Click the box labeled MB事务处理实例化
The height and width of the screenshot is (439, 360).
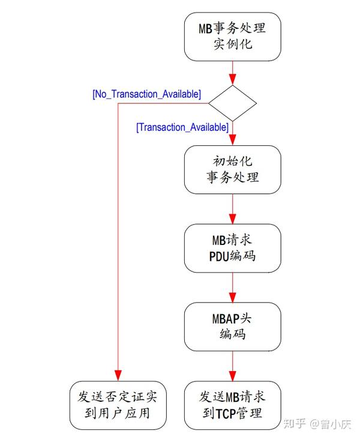pyautogui.click(x=232, y=36)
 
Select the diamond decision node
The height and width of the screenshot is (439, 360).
pyautogui.click(x=232, y=103)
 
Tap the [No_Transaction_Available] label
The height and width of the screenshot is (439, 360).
pyautogui.click(x=146, y=95)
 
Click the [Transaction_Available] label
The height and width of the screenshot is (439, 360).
pyautogui.click(x=182, y=127)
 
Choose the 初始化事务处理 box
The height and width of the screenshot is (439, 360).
pyautogui.click(x=232, y=169)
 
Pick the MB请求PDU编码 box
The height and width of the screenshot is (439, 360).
pyautogui.click(x=232, y=248)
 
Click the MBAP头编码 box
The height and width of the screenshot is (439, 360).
pyautogui.click(x=232, y=327)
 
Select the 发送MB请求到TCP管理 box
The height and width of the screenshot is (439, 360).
pyautogui.click(x=232, y=405)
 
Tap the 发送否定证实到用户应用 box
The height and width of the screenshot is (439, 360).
pyautogui.click(x=118, y=405)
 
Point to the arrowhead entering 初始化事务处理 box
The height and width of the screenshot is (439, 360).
pyautogui.click(x=232, y=139)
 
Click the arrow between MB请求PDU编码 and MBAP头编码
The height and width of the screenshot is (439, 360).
pyautogui.click(x=232, y=288)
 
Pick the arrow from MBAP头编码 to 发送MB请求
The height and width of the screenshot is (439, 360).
pyautogui.click(x=232, y=366)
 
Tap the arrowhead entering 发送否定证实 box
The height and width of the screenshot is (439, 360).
pyautogui.click(x=118, y=376)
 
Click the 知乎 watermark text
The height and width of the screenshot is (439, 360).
pyautogui.click(x=293, y=425)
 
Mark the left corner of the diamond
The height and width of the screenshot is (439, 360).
pyautogui.click(x=209, y=103)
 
